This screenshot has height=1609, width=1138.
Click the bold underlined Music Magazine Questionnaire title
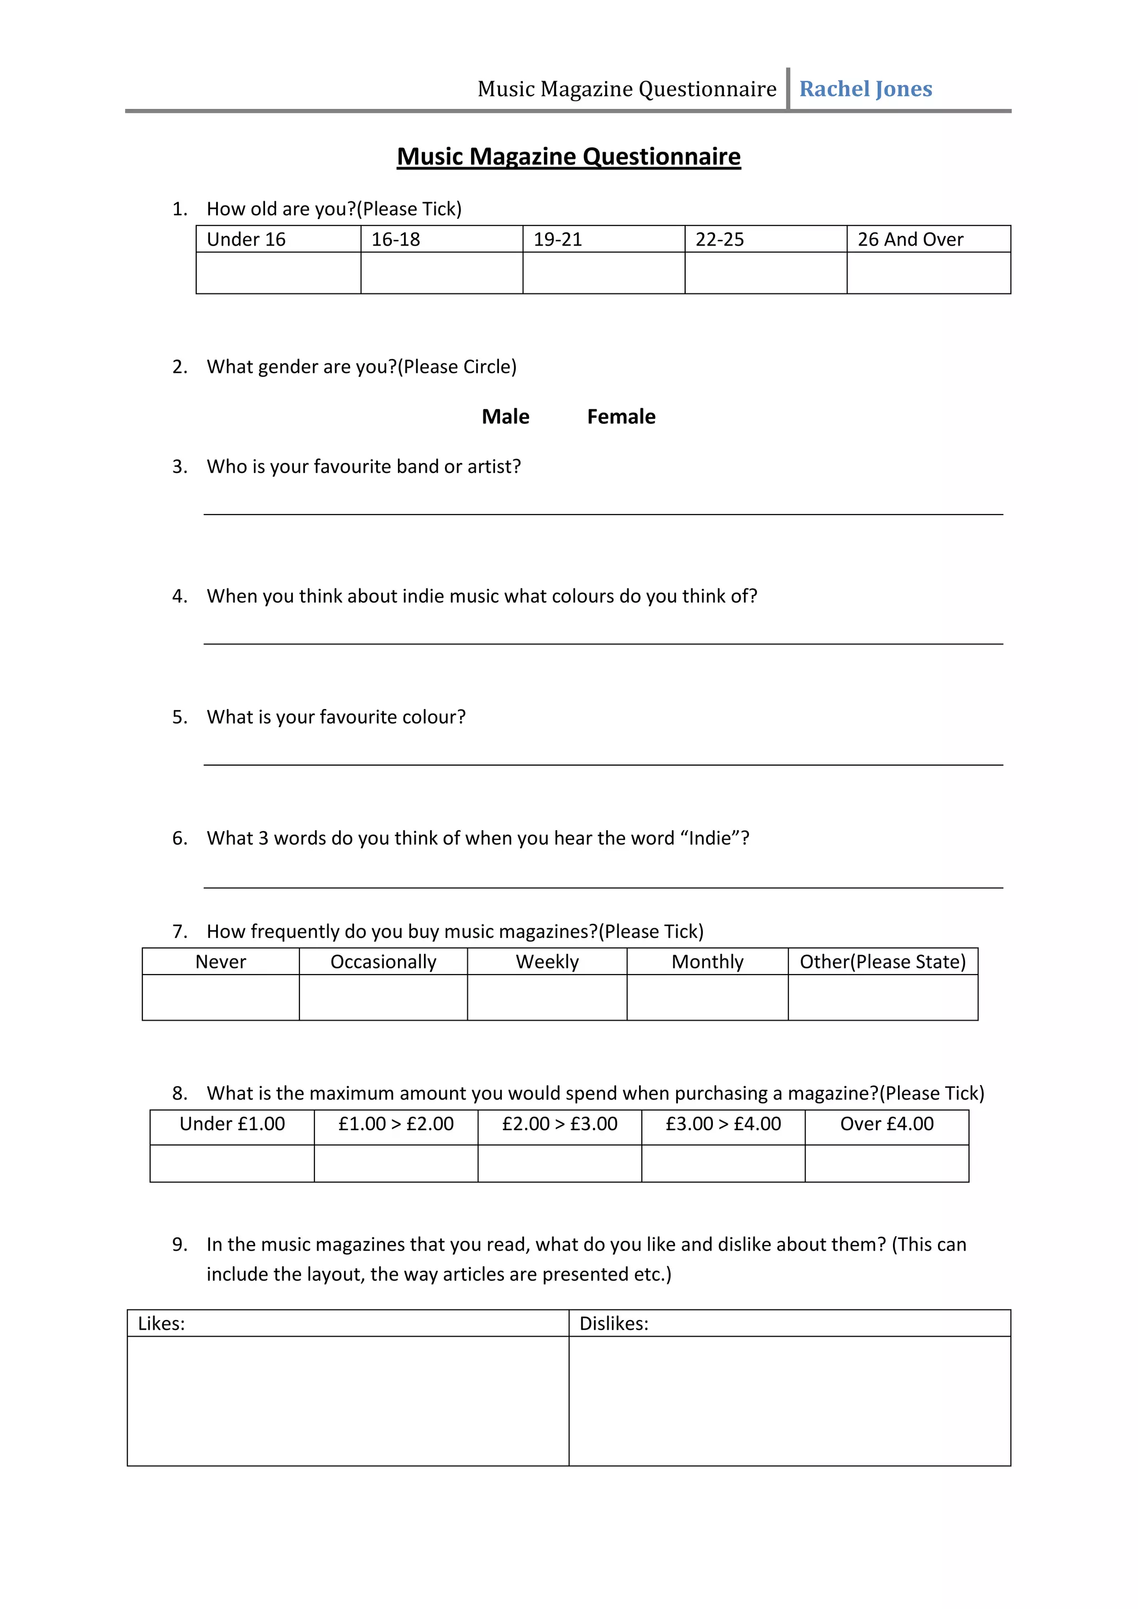pos(568,156)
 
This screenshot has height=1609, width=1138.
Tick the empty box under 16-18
pos(441,273)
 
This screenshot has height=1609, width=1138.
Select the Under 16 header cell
pos(278,239)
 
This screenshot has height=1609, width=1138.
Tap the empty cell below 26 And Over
pos(929,273)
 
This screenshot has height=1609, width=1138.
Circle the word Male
pos(505,416)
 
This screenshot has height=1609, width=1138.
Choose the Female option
pos(621,416)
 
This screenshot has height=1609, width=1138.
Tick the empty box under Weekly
pos(547,997)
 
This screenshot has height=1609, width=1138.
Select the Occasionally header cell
pos(383,962)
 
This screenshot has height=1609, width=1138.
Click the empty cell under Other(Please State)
pos(882,997)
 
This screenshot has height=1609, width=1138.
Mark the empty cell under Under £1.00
pos(232,1163)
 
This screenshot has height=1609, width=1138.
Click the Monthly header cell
pos(707,962)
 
